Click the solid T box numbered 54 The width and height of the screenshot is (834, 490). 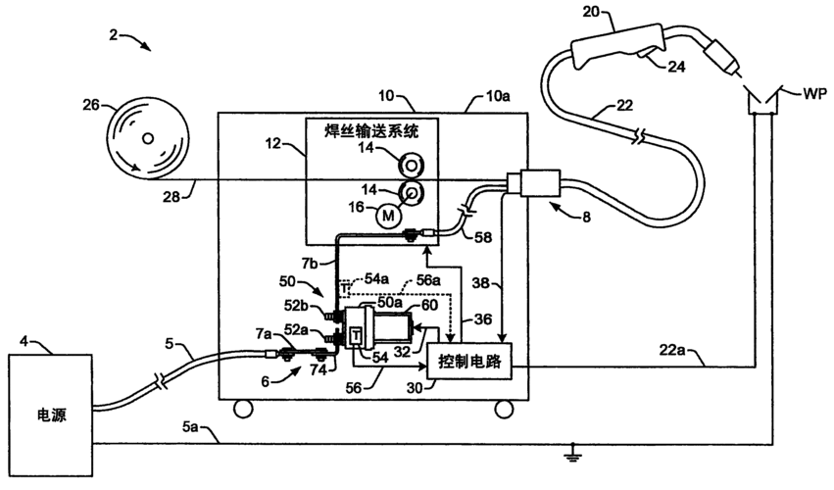click(x=355, y=334)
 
